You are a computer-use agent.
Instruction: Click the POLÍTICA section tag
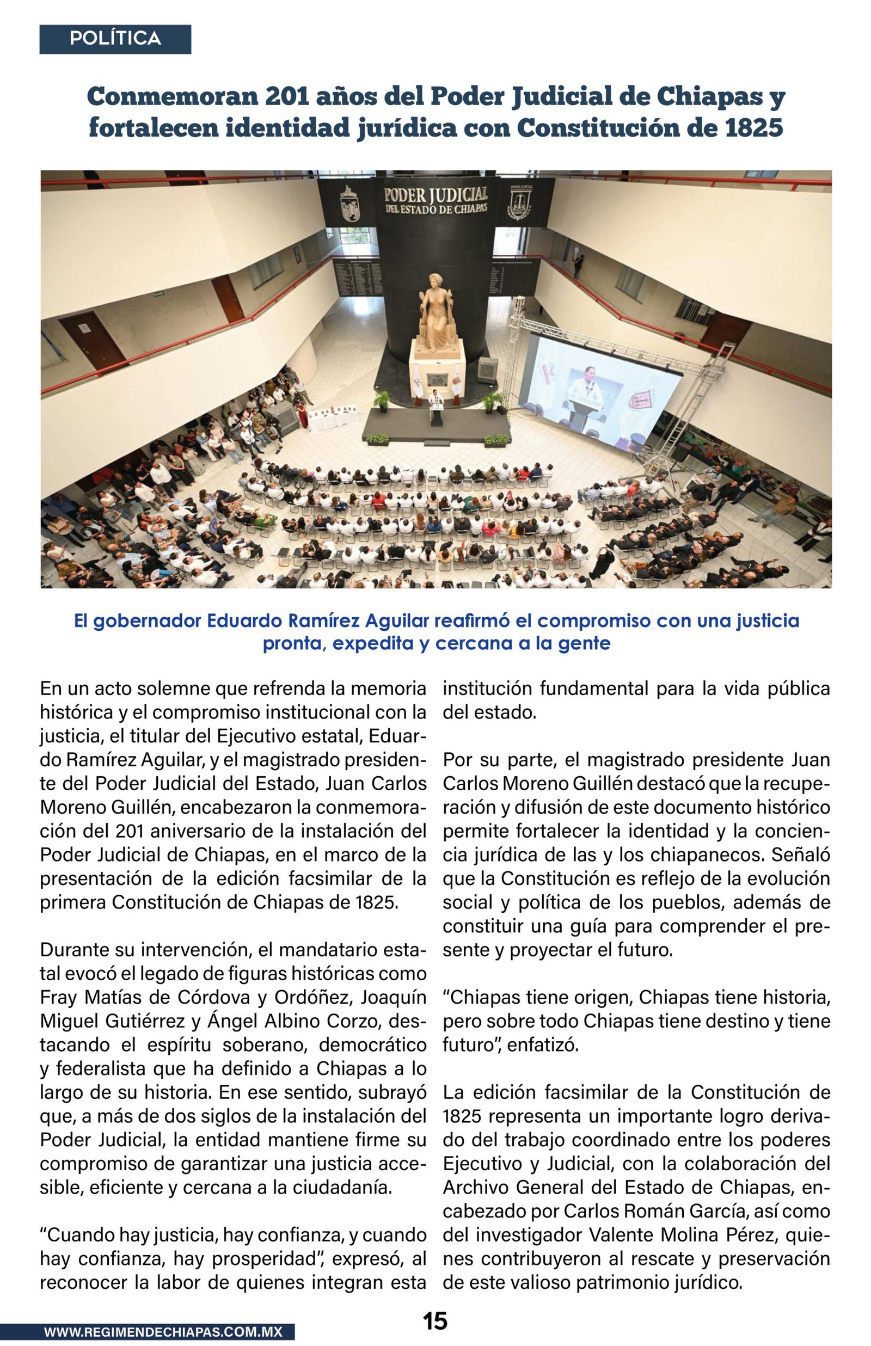(x=115, y=39)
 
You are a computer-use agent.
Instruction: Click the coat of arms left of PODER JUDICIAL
(x=349, y=204)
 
